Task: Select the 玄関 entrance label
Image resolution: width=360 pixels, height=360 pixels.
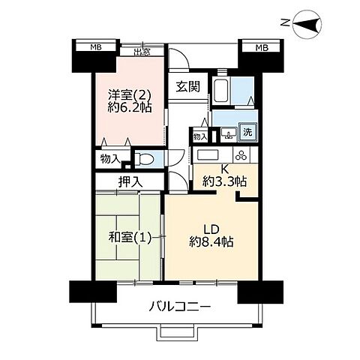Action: tap(188, 86)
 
